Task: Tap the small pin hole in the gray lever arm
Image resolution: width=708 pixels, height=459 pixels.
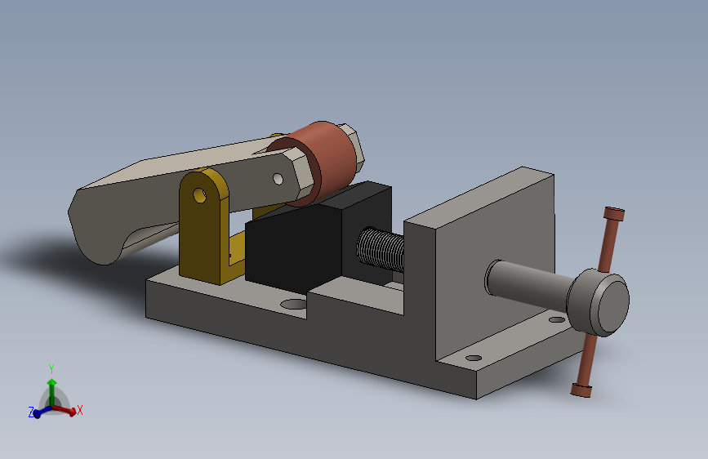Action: (x=278, y=177)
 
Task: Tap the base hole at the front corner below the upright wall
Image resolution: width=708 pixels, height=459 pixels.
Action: (x=473, y=358)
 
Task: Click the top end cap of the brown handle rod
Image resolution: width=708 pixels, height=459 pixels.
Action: (x=614, y=214)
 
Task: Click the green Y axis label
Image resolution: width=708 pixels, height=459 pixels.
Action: (x=51, y=368)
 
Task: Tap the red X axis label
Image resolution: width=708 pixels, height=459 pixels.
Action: (x=80, y=410)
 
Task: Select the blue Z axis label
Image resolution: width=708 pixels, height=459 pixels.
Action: (x=31, y=413)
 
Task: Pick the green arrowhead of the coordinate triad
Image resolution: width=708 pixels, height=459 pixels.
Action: (x=51, y=381)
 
